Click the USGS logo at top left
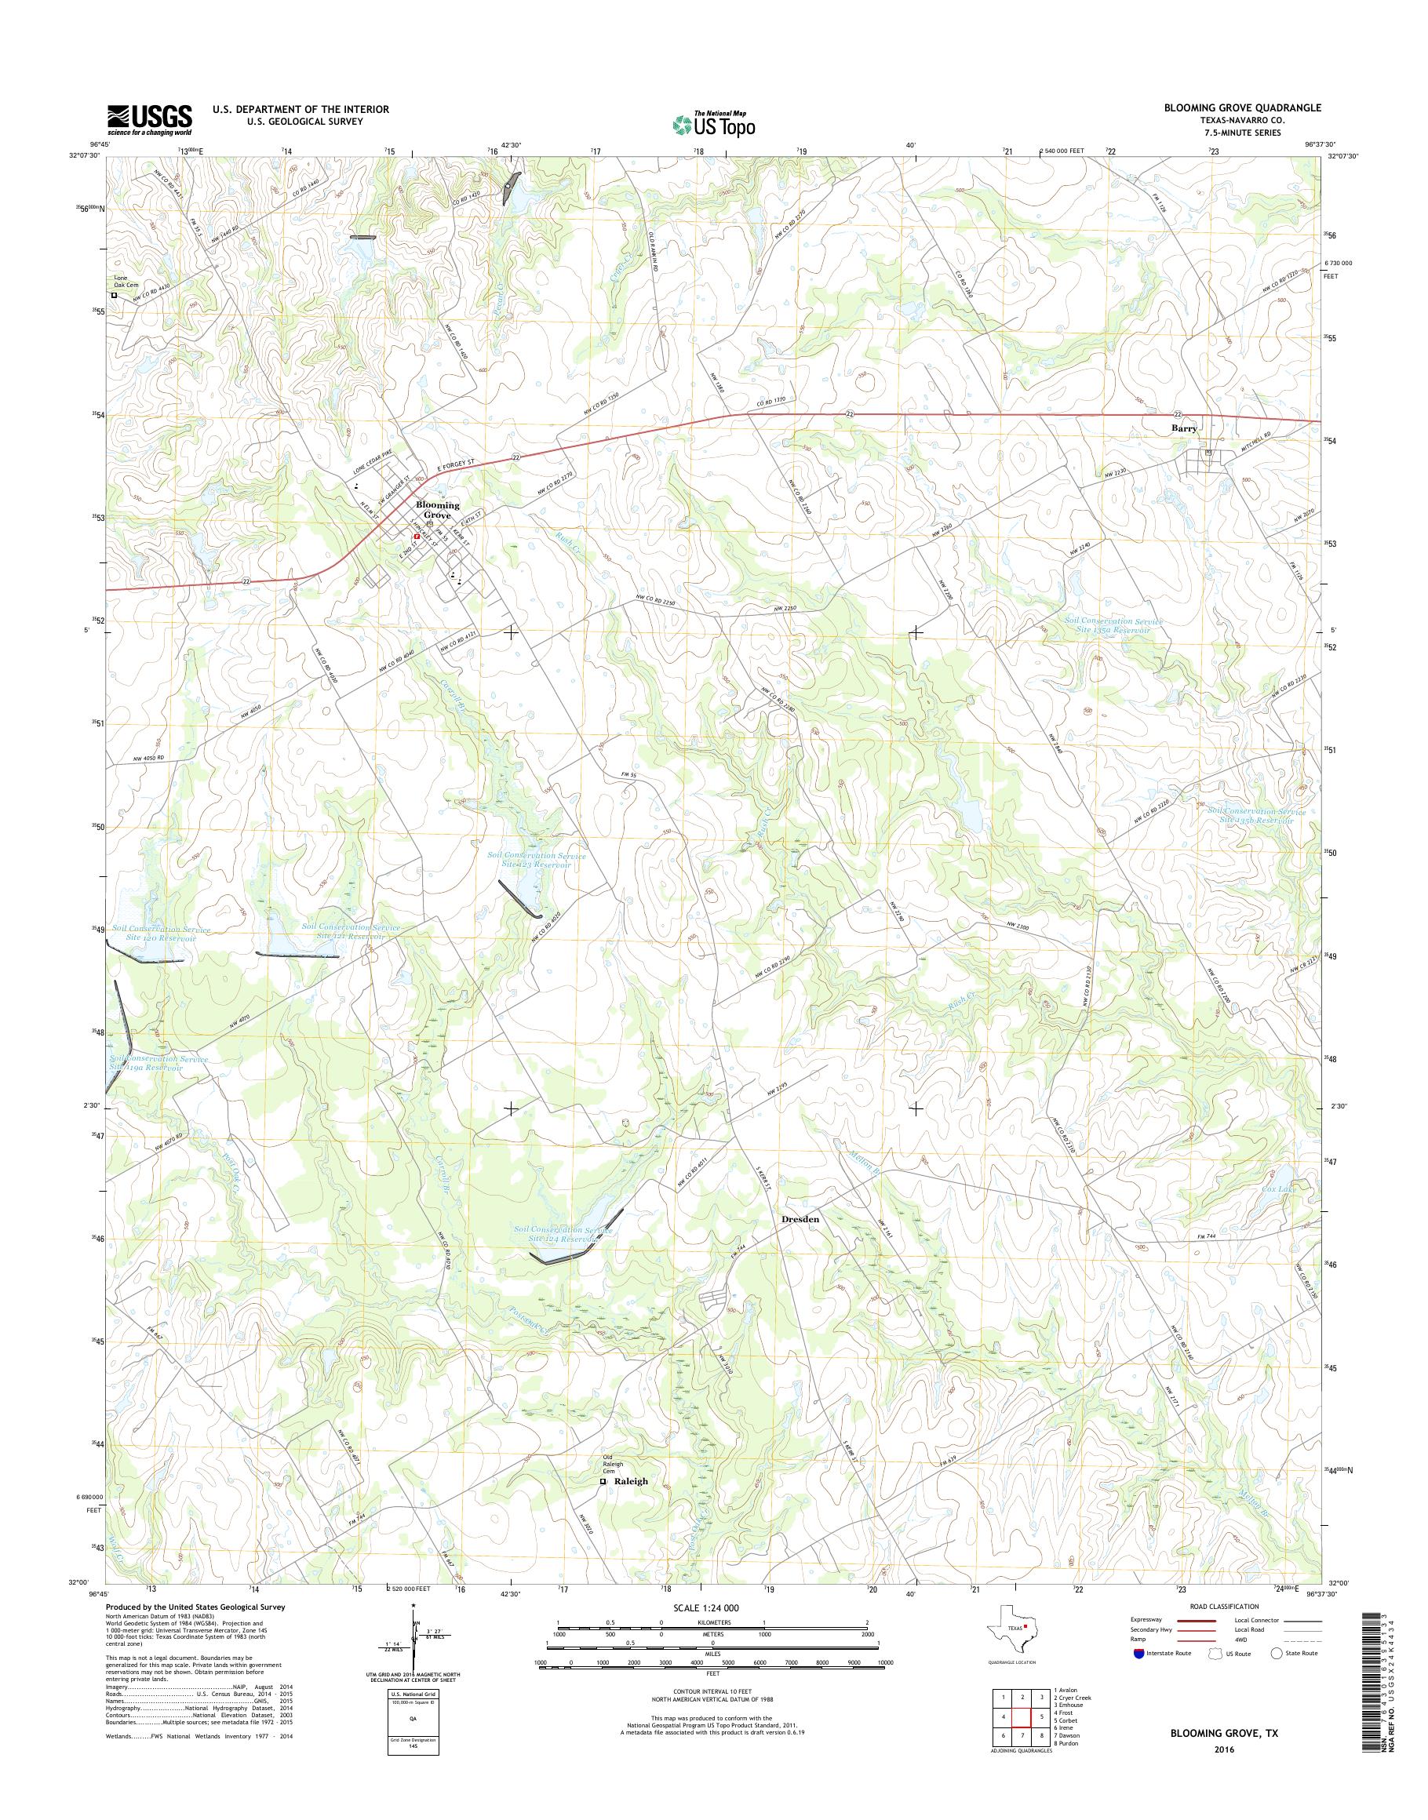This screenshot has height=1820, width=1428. pos(149,120)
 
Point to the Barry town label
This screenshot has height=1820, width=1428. pos(1183,428)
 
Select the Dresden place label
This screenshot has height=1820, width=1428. pos(800,1220)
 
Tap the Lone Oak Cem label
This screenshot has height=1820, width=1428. pos(127,282)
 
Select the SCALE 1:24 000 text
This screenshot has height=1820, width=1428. pos(706,1607)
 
